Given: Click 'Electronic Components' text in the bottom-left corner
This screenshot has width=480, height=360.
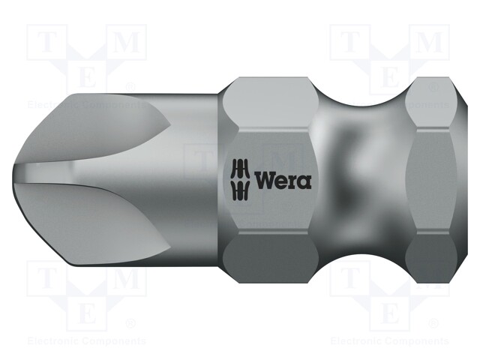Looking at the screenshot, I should coord(85,341).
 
